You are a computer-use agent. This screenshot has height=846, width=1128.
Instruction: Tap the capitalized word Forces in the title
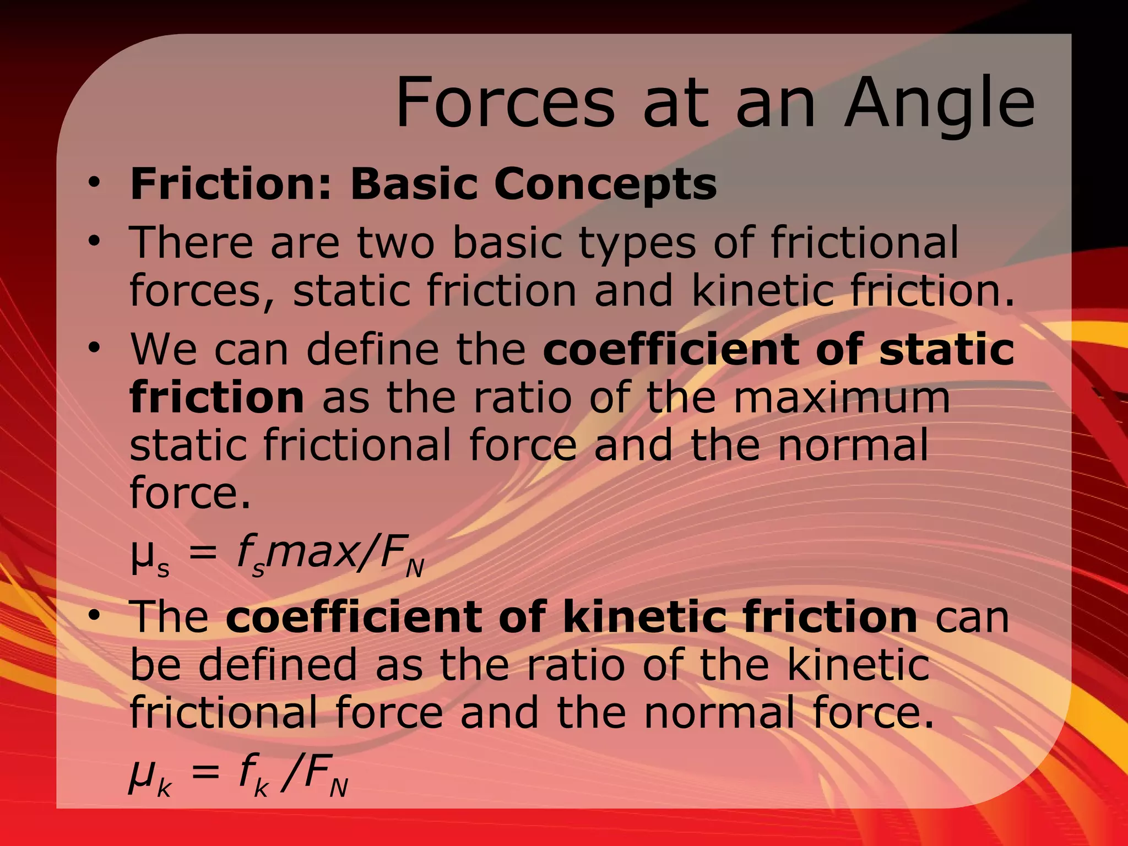point(505,103)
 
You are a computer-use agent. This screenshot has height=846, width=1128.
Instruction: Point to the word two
point(395,242)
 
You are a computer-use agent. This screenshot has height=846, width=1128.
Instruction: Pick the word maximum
point(842,397)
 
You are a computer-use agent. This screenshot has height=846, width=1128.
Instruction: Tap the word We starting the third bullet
point(164,349)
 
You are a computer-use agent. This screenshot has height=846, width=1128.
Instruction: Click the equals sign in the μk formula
point(204,773)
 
